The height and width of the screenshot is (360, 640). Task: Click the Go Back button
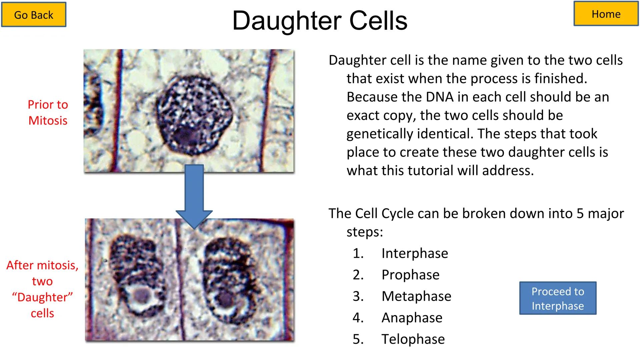(x=34, y=15)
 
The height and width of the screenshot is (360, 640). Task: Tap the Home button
(x=606, y=14)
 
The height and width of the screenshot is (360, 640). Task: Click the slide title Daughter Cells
(x=320, y=21)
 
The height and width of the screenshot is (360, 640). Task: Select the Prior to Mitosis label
(x=48, y=112)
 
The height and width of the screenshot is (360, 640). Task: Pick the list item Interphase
(x=415, y=253)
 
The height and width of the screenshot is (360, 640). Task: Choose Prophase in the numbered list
(x=410, y=275)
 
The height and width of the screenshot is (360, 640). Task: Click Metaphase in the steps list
(x=416, y=296)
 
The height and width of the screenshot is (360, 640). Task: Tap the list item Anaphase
(x=412, y=318)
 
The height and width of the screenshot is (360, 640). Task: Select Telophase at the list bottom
(x=413, y=339)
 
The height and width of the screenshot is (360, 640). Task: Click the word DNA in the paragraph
(x=439, y=97)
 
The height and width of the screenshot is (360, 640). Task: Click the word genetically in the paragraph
(x=377, y=134)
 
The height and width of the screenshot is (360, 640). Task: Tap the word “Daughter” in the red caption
(x=42, y=297)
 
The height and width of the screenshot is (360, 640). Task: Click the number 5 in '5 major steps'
(x=580, y=213)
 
